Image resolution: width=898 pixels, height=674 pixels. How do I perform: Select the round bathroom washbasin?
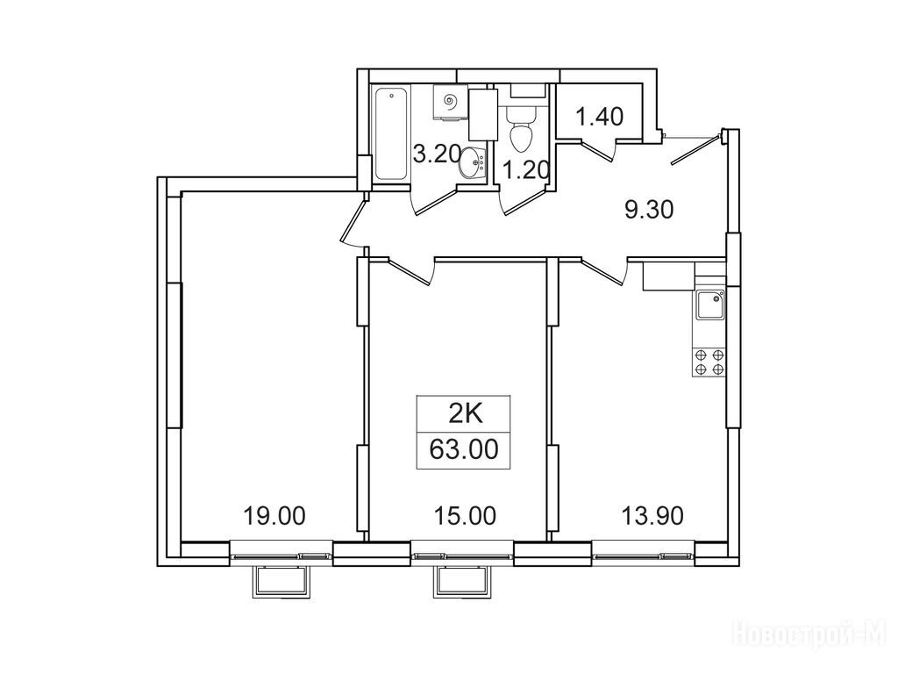pyautogui.click(x=473, y=162)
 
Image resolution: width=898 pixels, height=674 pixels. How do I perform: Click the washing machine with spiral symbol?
pyautogui.click(x=450, y=104)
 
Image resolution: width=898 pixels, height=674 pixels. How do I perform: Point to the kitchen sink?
pyautogui.click(x=709, y=305)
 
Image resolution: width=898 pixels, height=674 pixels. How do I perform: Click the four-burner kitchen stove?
pyautogui.click(x=709, y=362)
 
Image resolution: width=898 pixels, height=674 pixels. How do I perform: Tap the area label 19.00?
pyautogui.click(x=274, y=516)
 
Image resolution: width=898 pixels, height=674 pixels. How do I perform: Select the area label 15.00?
pyautogui.click(x=465, y=516)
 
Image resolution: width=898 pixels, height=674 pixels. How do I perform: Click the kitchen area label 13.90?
pyautogui.click(x=652, y=516)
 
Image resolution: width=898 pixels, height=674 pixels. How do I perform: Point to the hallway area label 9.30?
pyautogui.click(x=649, y=211)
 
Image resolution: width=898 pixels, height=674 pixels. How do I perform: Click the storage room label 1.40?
pyautogui.click(x=599, y=117)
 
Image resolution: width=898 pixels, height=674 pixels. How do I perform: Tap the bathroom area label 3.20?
pyautogui.click(x=437, y=154)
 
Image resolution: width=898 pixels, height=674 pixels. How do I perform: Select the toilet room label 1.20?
pyautogui.click(x=526, y=169)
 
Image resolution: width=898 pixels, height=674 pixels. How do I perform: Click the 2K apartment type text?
pyautogui.click(x=465, y=413)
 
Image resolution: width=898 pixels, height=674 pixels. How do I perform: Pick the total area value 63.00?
pyautogui.click(x=464, y=449)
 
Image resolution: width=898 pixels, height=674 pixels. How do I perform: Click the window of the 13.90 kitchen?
pyautogui.click(x=644, y=555)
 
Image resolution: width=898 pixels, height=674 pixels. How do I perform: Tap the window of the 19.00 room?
pyautogui.click(x=282, y=555)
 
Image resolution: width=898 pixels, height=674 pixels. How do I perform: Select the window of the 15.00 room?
pyautogui.click(x=463, y=555)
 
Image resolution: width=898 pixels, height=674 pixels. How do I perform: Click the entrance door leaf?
pyautogui.click(x=695, y=149)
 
